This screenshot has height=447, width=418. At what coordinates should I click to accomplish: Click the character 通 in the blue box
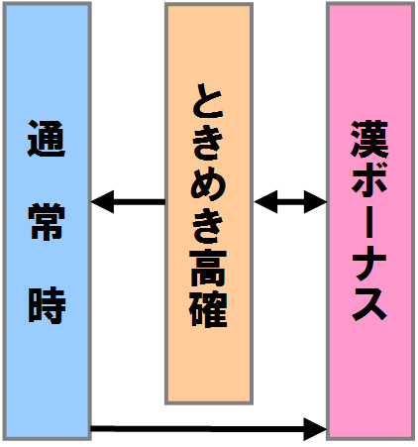click(47, 139)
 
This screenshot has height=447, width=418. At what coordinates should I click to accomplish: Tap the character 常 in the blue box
click(47, 221)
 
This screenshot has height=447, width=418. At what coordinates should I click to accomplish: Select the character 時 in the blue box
click(47, 304)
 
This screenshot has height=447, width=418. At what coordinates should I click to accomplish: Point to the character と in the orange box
click(208, 101)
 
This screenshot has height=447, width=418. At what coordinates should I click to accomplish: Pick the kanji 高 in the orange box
click(208, 268)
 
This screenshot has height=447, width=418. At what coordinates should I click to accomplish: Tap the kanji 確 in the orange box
click(208, 309)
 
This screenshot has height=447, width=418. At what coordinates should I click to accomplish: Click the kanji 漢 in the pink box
click(369, 139)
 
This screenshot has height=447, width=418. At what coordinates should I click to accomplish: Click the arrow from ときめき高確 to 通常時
click(128, 202)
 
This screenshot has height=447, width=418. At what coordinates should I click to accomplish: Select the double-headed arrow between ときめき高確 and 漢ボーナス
click(290, 202)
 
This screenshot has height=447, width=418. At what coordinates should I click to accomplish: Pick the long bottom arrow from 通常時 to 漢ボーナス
click(209, 429)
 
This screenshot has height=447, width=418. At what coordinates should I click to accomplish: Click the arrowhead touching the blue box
click(102, 202)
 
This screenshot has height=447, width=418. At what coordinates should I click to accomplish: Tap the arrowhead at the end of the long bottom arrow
click(315, 429)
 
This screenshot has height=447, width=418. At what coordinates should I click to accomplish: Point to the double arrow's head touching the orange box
click(265, 202)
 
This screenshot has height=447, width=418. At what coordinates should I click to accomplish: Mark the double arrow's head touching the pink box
click(315, 202)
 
